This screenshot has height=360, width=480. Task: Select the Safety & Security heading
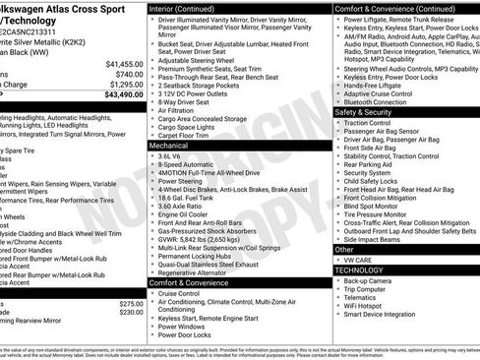[364, 112]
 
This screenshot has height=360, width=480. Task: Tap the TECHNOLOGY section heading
[360, 269]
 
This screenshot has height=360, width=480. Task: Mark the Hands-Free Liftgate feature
[376, 85]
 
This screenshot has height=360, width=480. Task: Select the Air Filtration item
[182, 110]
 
